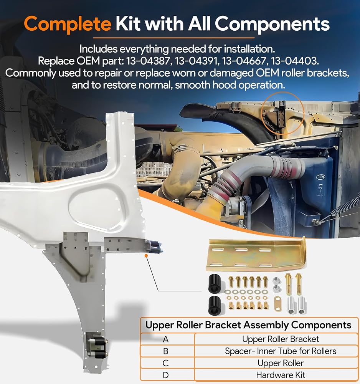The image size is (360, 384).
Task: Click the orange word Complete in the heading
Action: point(68,24)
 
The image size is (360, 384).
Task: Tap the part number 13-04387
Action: point(148,61)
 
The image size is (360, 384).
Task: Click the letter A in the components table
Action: point(166,339)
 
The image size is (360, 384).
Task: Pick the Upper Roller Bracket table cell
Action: point(281,339)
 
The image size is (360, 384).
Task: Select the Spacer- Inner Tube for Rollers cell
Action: point(281,351)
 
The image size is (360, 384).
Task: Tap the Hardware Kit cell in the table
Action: point(281,375)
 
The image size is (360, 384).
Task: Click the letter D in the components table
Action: point(166,375)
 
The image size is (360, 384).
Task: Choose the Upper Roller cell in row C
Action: point(281,363)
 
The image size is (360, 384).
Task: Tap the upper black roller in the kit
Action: point(215,283)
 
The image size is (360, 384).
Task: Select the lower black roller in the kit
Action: point(215,305)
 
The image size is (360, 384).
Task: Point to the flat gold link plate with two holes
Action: point(278,304)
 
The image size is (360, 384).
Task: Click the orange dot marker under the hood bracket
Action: point(146,256)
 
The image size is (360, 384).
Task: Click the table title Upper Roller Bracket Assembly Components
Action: point(248,325)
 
